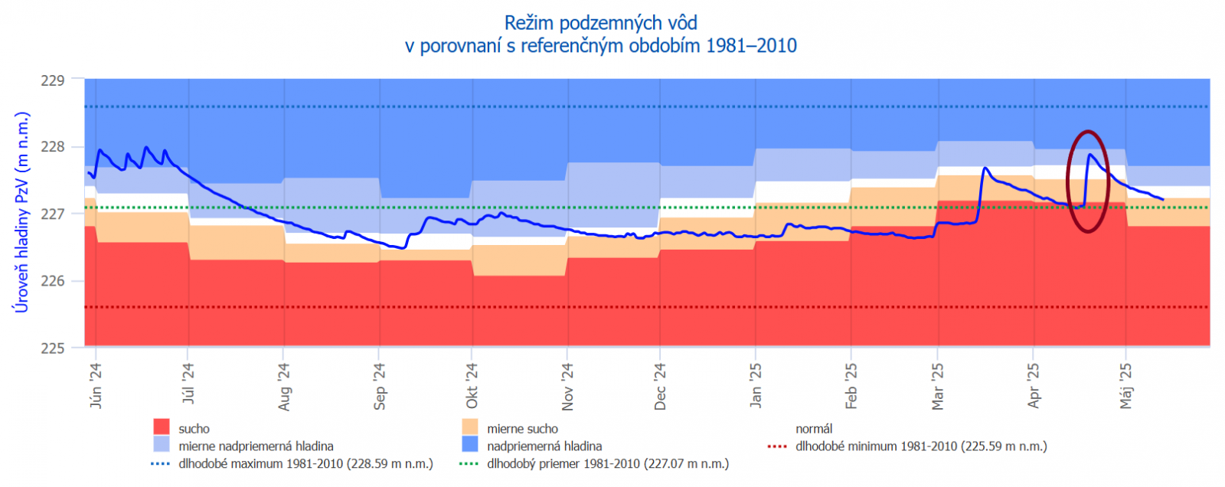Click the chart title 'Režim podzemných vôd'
click(600, 23)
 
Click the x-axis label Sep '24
click(379, 387)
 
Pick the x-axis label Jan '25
click(756, 386)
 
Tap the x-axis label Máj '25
click(1125, 387)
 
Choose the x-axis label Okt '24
click(472, 387)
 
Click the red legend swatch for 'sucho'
click(161, 427)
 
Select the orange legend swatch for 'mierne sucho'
click(470, 427)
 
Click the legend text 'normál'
click(814, 429)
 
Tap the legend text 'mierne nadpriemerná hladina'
click(256, 446)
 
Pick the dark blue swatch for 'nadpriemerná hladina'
click(470, 445)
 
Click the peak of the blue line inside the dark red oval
click(1089, 155)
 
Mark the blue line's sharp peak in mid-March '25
click(985, 168)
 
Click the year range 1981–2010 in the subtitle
click(751, 46)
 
